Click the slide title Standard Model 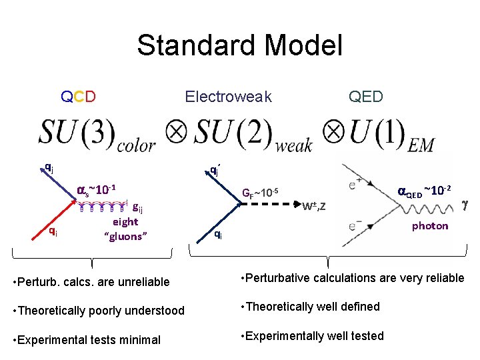(239, 46)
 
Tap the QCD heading (78, 97)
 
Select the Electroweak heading (228, 97)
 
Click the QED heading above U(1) (366, 97)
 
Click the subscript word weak (294, 144)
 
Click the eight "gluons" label (125, 229)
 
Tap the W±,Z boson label (313, 206)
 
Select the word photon (430, 225)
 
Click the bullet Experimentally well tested (311, 335)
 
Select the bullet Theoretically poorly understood (99, 311)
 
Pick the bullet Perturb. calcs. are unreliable (91, 282)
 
